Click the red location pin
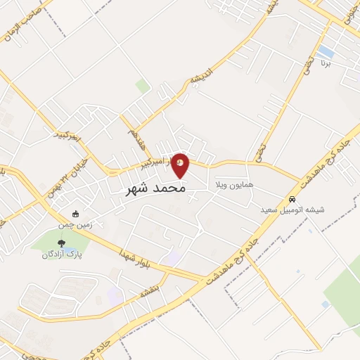point(181,165)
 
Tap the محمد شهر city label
point(156,189)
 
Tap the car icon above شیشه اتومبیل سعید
point(292,199)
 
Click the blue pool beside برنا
point(326,52)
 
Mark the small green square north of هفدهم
point(143,86)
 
